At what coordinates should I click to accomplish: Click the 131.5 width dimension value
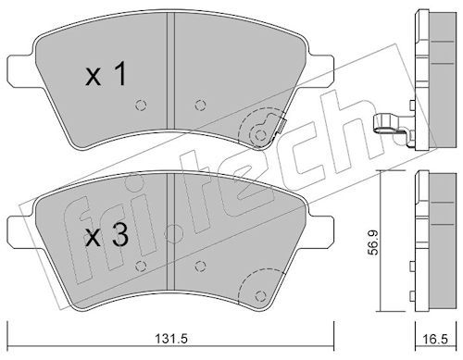[x=170, y=339]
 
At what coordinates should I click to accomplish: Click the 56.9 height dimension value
[x=374, y=243]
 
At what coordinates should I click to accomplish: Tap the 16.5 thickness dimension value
[x=435, y=340]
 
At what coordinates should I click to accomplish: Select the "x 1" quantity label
[x=106, y=73]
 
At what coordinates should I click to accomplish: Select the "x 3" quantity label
[x=106, y=235]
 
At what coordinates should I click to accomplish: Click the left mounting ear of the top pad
[x=21, y=69]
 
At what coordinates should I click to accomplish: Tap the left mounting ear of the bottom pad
[x=21, y=232]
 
